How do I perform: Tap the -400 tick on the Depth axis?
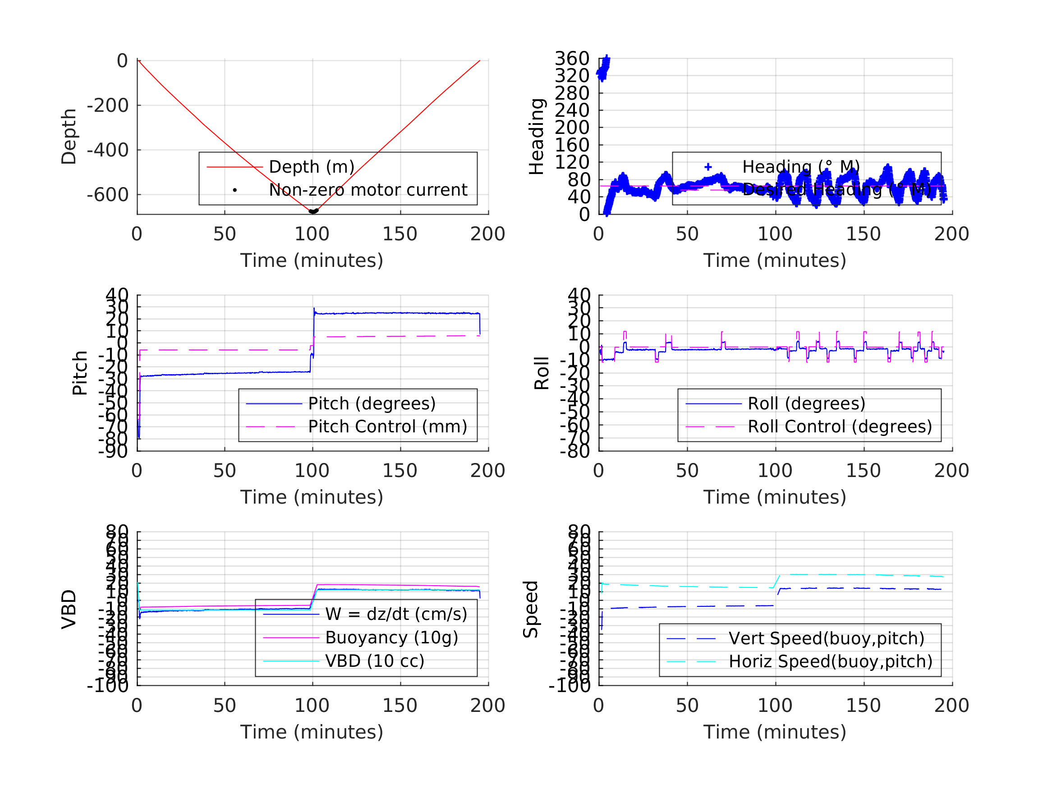pos(107,150)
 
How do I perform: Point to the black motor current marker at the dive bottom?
pos(313,211)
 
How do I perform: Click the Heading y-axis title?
pos(537,137)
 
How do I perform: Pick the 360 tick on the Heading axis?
pos(572,59)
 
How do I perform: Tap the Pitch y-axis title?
pos(80,373)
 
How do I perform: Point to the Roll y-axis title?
pos(542,373)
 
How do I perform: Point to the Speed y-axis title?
pos(531,609)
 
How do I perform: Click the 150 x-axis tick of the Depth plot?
pos(400,234)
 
